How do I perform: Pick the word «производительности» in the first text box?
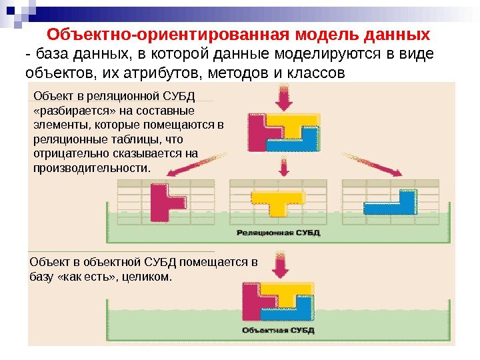[89, 168]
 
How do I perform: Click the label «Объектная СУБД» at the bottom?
[275, 329]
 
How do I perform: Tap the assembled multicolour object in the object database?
[276, 303]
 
